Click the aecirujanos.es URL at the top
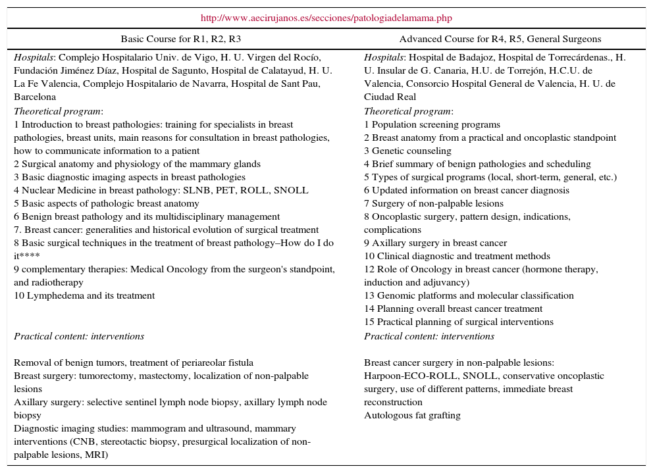tap(326, 18)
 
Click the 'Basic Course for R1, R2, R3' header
tap(181, 39)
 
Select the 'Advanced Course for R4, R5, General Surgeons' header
tap(500, 39)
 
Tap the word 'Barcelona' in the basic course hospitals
tap(35, 97)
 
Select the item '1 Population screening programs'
tap(432, 124)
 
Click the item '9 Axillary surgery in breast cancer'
tap(435, 243)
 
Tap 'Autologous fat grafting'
tap(412, 415)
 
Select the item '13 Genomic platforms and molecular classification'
tap(469, 295)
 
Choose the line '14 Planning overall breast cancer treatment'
tap(453, 309)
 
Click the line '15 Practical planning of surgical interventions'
tap(458, 322)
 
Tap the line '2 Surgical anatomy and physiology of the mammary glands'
tap(137, 164)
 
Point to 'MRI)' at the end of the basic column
tap(97, 455)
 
